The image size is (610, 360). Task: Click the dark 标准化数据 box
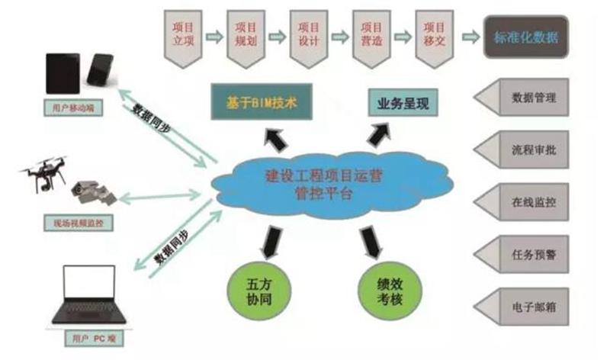(527, 36)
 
